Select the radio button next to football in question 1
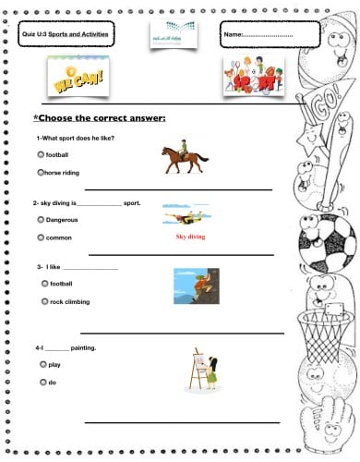(40, 154)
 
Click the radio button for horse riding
(40, 172)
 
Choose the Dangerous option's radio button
(40, 220)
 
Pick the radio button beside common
(40, 237)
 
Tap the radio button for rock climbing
(44, 301)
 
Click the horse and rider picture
(185, 158)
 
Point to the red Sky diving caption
(190, 237)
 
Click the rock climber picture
(195, 286)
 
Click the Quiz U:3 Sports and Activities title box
(66, 34)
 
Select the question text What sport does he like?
(77, 138)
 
